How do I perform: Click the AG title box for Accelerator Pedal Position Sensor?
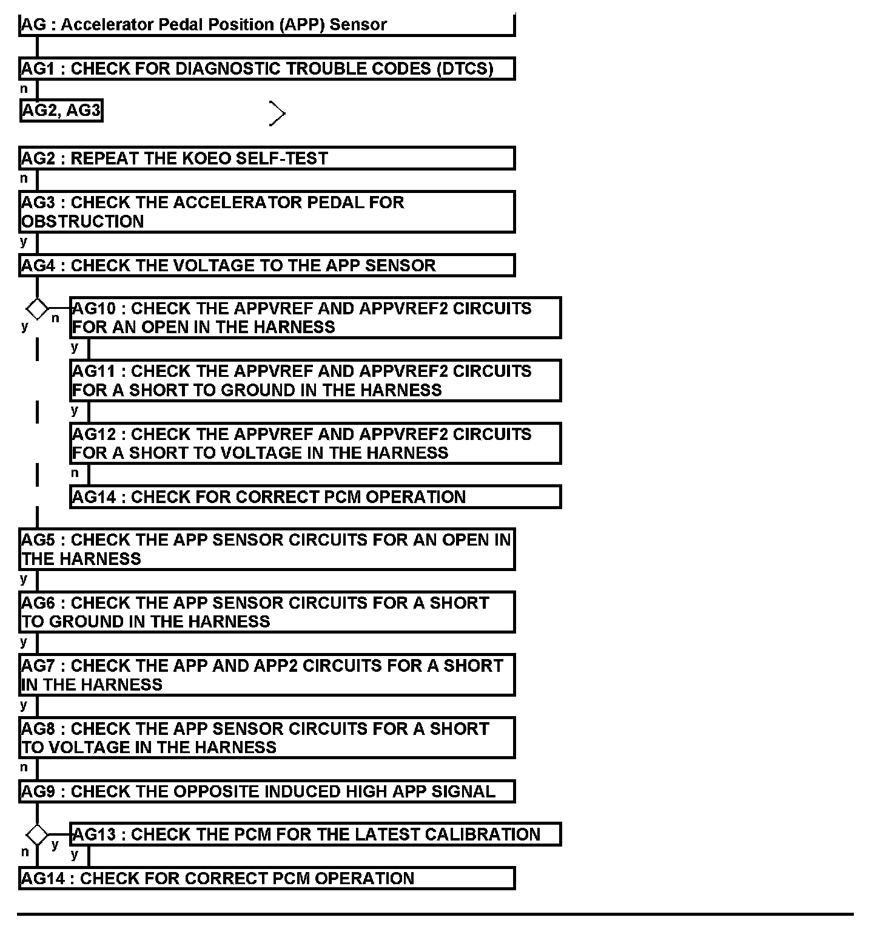click(x=267, y=25)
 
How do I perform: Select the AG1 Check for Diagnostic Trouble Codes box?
click(x=267, y=69)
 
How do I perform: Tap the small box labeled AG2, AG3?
click(x=61, y=111)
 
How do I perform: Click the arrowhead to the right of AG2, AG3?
click(x=277, y=113)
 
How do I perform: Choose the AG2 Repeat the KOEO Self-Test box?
click(x=267, y=158)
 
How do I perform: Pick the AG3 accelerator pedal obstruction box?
click(x=267, y=212)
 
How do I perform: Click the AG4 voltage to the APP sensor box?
click(x=267, y=266)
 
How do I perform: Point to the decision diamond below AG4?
click(x=37, y=309)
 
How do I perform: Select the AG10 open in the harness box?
click(x=315, y=317)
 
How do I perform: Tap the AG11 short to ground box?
click(x=315, y=381)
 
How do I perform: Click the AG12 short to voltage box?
click(x=315, y=444)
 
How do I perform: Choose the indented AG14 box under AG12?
click(x=315, y=497)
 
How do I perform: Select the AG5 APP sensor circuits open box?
click(x=267, y=549)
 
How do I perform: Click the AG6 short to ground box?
click(x=267, y=612)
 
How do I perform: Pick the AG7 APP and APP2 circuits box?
click(x=267, y=675)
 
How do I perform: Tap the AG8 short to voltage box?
click(x=267, y=738)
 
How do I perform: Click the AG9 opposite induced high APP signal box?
click(x=267, y=792)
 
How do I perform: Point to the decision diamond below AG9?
click(x=37, y=835)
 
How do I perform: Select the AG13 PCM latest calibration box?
click(x=315, y=834)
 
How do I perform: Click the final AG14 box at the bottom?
click(x=267, y=879)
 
